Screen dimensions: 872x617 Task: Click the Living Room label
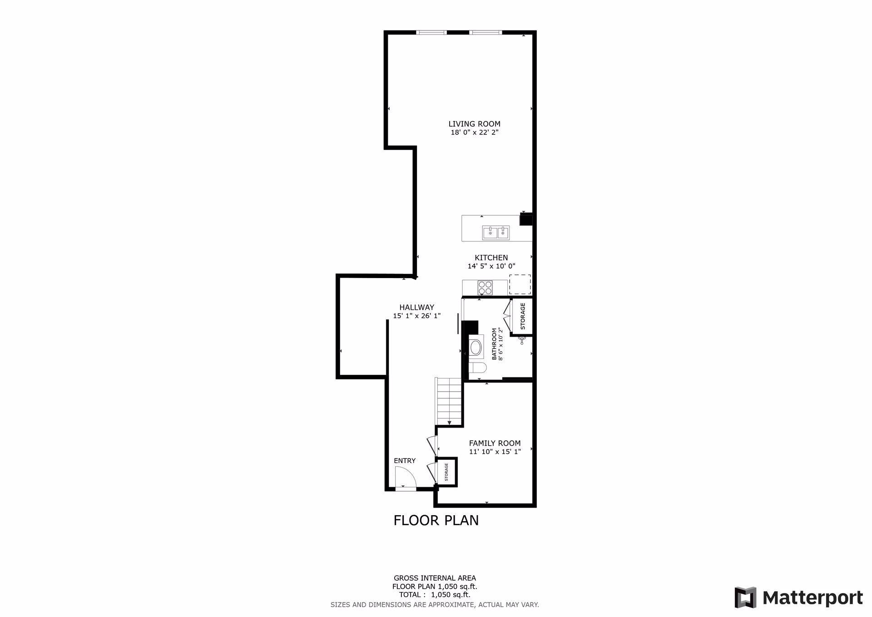474,124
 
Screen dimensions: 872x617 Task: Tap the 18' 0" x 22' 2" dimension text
475,133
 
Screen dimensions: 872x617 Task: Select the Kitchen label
491,258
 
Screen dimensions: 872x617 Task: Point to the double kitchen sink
495,233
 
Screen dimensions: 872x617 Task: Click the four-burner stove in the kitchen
485,288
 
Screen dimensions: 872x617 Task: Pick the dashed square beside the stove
520,284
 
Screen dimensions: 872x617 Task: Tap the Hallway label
416,307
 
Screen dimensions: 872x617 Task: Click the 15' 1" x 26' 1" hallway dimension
417,316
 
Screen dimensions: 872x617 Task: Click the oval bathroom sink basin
476,348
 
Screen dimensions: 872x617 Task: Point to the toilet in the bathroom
477,368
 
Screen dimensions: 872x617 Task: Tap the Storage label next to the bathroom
523,316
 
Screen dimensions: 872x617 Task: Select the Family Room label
495,443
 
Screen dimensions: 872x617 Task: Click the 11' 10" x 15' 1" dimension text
495,452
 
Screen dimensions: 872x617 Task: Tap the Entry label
405,461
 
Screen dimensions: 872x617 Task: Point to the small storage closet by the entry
446,472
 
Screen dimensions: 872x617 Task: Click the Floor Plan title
436,520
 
